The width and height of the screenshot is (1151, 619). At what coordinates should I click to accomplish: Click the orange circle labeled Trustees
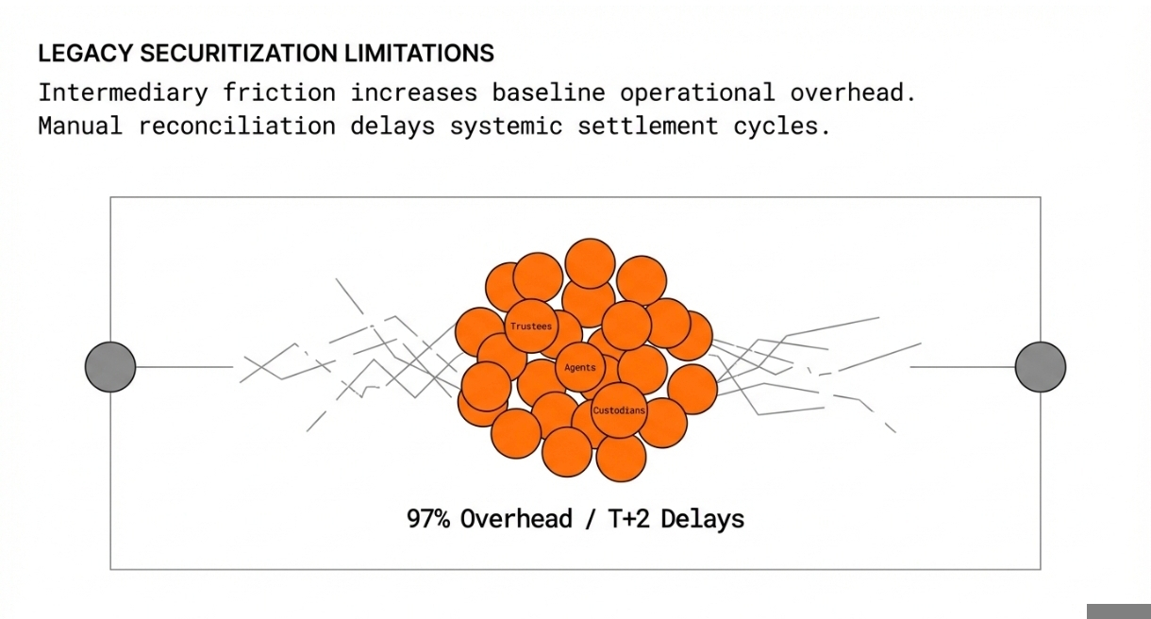[x=531, y=326]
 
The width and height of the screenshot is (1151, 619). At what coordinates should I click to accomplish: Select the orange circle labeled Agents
[x=580, y=368]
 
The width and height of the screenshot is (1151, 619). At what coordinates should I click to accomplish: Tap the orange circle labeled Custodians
[x=619, y=410]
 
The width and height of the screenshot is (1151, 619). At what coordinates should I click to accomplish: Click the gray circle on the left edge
[x=110, y=367]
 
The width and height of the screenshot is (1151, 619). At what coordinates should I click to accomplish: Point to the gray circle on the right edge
[x=1041, y=367]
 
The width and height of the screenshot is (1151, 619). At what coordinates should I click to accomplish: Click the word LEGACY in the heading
[x=86, y=54]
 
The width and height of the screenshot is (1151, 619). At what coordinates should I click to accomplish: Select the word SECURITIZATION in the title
[x=239, y=54]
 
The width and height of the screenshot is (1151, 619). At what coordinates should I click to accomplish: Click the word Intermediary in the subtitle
[x=124, y=93]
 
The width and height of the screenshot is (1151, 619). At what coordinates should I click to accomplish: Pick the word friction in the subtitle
[x=279, y=92]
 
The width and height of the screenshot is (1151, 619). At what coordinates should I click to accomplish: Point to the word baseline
[x=549, y=92]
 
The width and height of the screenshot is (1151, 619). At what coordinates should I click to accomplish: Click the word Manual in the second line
[x=81, y=125]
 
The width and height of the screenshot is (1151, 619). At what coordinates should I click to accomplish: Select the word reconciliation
[x=237, y=125]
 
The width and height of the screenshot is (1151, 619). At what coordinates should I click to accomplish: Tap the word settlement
[x=648, y=125]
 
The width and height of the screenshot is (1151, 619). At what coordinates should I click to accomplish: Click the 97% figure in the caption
[x=428, y=519]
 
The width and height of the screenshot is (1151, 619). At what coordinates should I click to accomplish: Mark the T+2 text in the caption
[x=629, y=519]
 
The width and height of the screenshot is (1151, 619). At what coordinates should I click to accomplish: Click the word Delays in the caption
[x=703, y=519]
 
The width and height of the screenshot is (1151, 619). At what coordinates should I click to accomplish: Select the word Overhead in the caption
[x=516, y=519]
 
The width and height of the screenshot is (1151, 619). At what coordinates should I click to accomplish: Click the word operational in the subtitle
[x=697, y=93]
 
